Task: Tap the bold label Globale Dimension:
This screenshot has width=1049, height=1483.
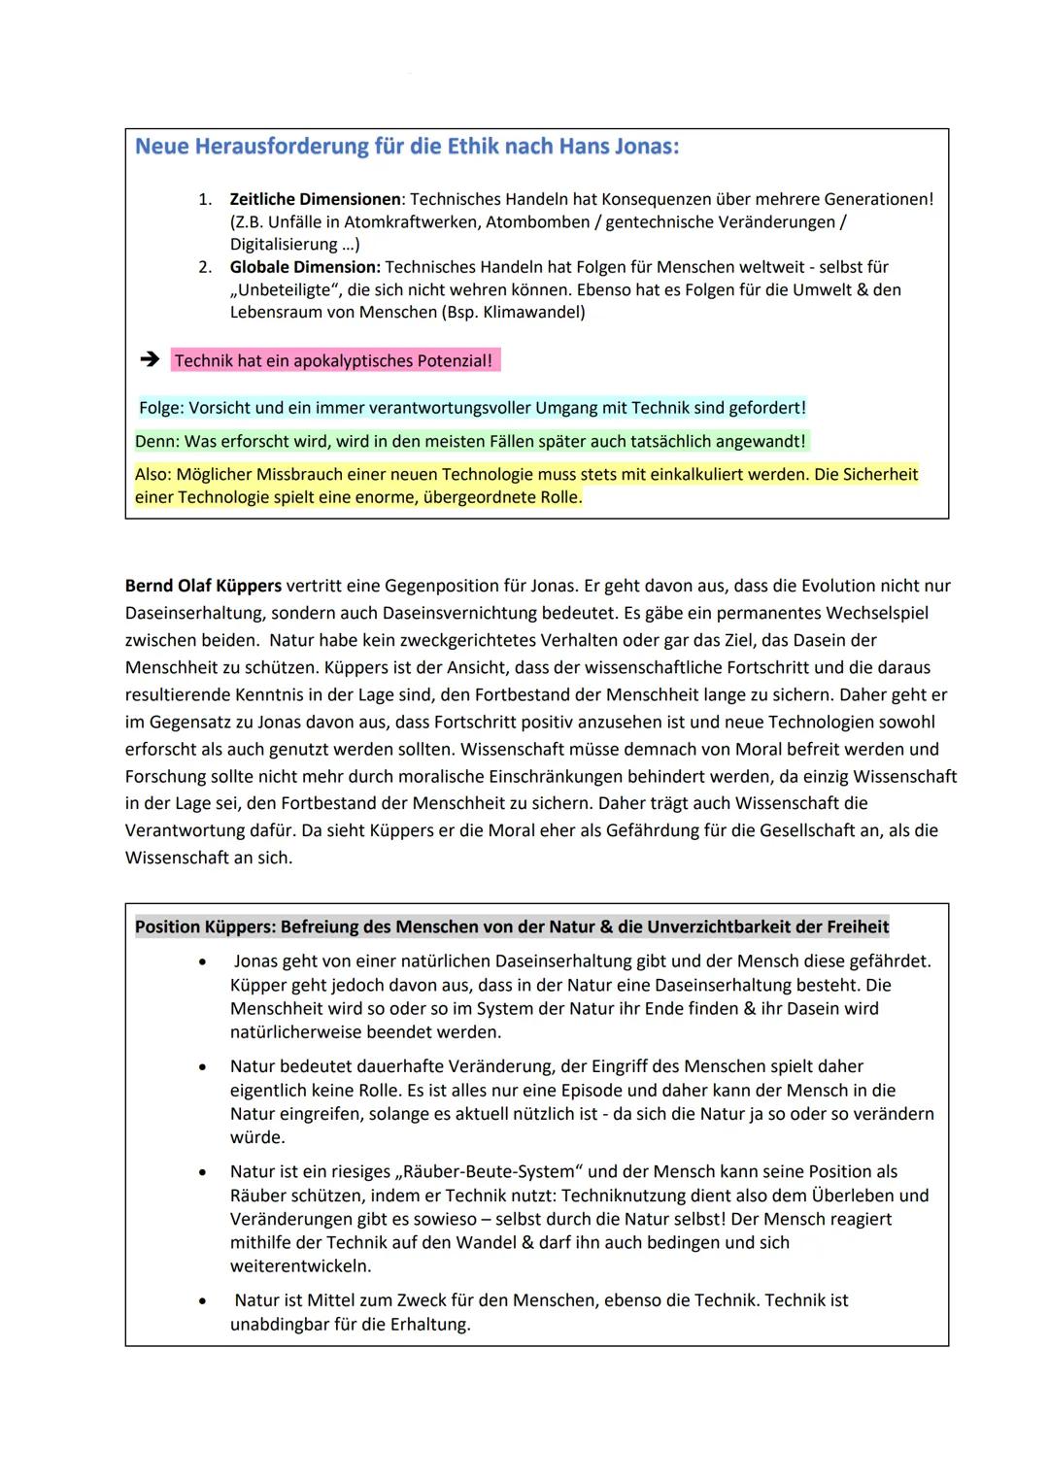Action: coord(305,267)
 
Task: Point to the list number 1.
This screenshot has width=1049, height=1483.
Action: coord(204,199)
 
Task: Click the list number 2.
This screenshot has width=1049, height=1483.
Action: coord(204,267)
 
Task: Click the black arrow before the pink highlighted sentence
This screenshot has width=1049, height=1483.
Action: coord(149,360)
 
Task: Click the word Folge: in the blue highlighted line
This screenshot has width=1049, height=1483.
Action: coord(161,408)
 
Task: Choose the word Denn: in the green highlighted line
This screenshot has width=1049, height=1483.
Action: coord(157,442)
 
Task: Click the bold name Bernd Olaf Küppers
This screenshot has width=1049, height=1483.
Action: coord(203,586)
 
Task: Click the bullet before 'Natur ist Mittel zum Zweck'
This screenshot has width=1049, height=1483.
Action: coord(202,1301)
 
